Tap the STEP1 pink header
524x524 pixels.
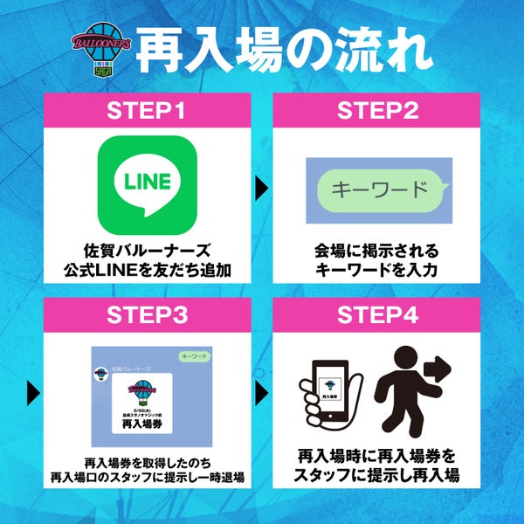tap(146, 113)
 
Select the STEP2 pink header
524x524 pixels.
tap(376, 113)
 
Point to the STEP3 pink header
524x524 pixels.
tap(146, 316)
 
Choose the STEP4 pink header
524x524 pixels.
tap(376, 316)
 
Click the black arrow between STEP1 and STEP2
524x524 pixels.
tap(259, 187)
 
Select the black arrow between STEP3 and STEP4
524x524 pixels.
tap(259, 391)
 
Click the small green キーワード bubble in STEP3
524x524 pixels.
tap(193, 358)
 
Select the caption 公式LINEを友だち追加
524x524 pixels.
tap(148, 270)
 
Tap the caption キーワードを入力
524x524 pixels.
tap(376, 270)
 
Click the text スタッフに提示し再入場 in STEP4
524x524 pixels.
tap(376, 476)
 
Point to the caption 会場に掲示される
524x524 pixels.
tap(376, 251)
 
